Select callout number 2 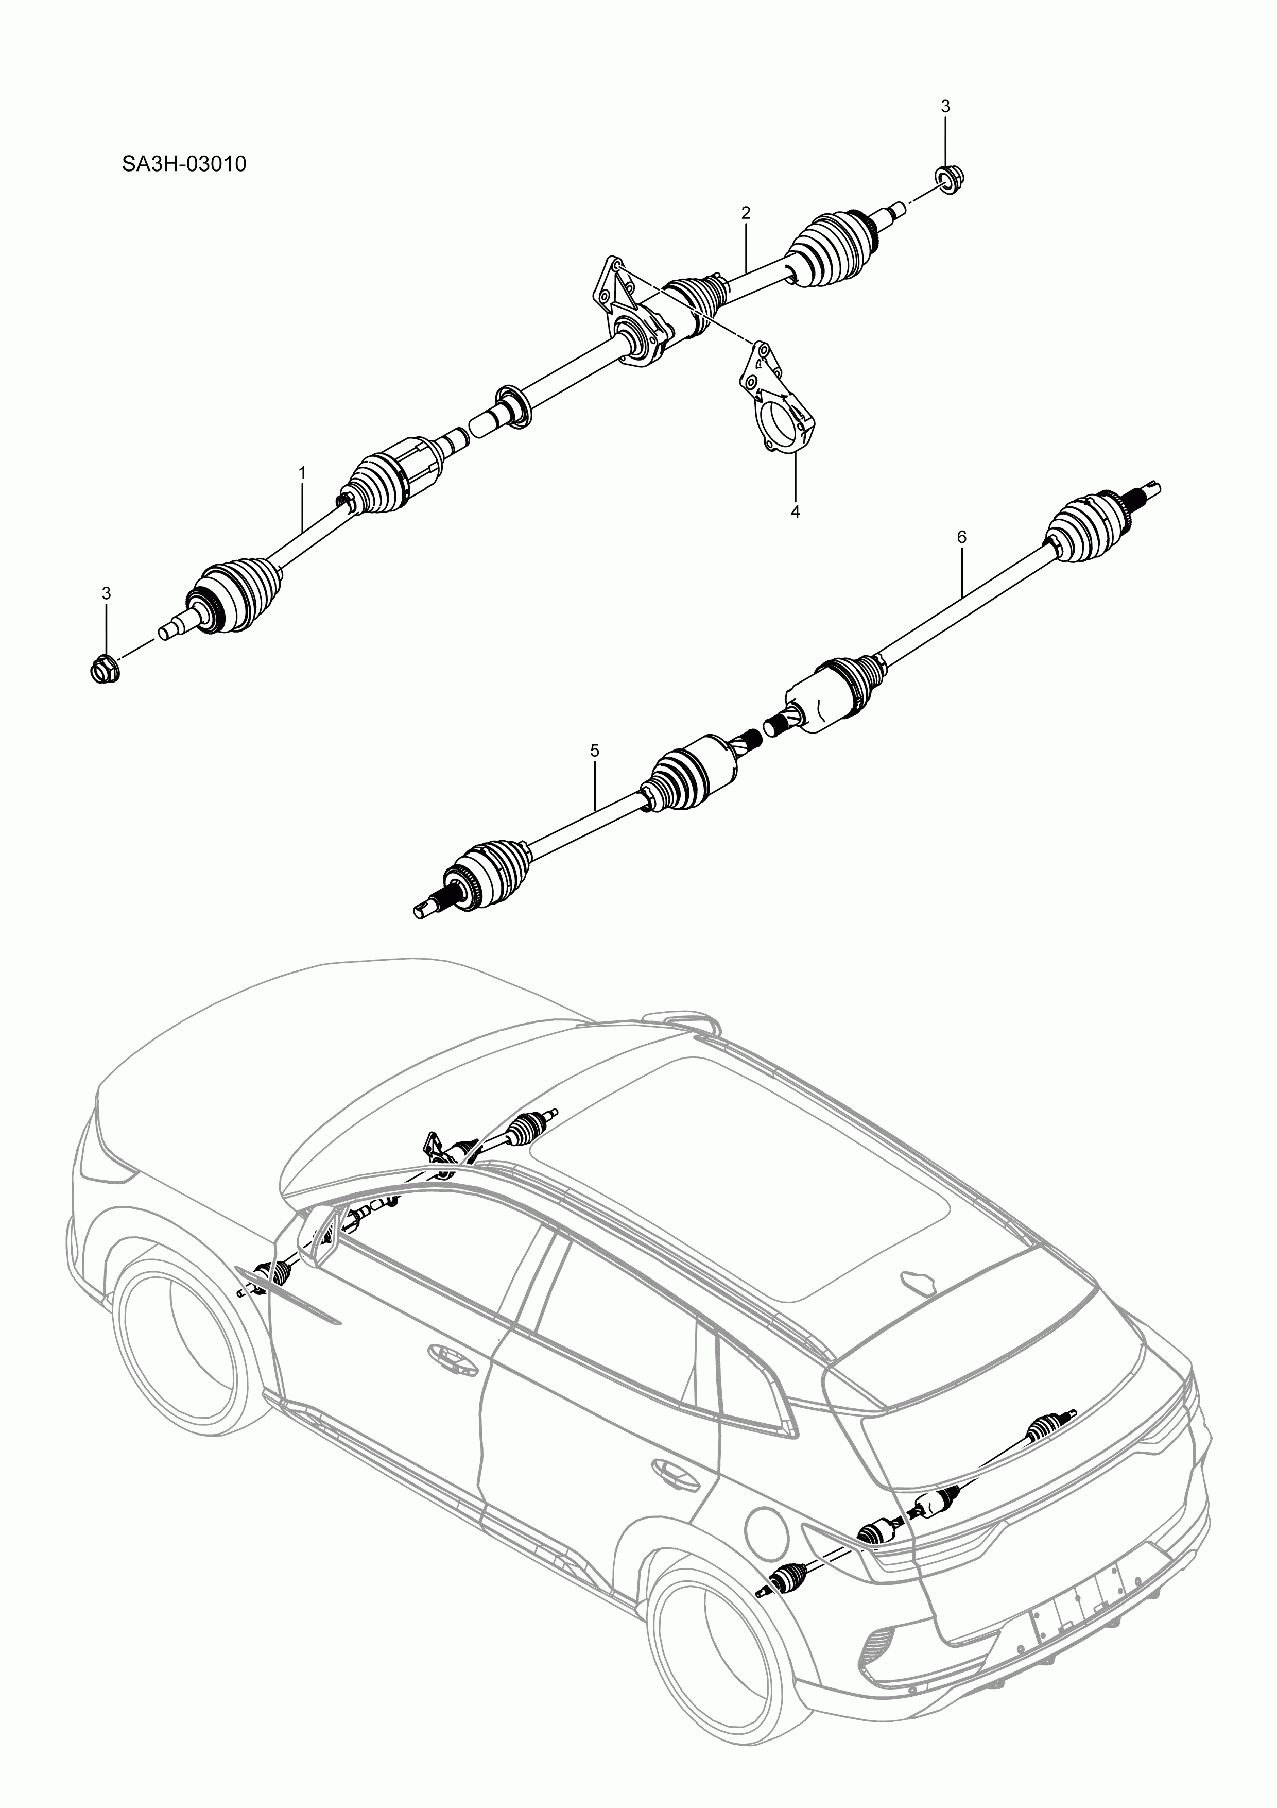pyautogui.click(x=746, y=213)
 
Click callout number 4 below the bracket pyautogui.click(x=795, y=512)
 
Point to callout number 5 pyautogui.click(x=594, y=751)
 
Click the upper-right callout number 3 pyautogui.click(x=945, y=106)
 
